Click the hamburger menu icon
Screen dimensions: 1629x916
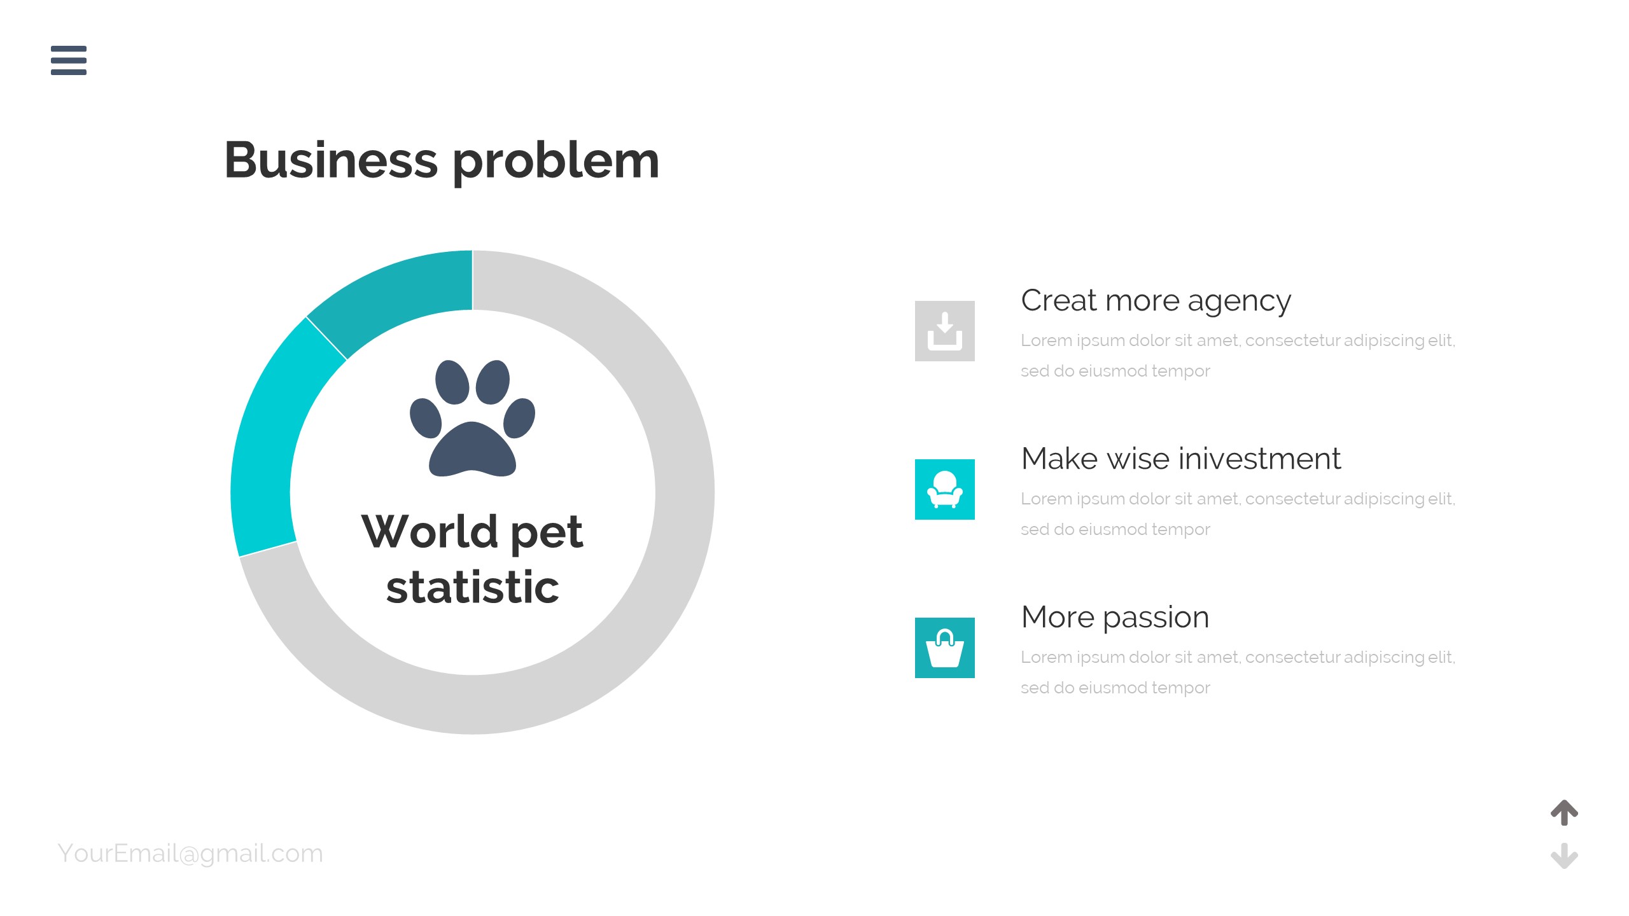tap(69, 60)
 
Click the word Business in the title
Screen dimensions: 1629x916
tap(332, 160)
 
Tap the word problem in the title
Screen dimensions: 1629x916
tap(556, 162)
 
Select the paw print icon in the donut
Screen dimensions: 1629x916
tap(472, 418)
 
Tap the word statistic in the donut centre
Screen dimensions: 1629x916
tap(473, 587)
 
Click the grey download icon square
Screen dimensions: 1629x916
tap(945, 331)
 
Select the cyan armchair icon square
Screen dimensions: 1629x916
tap(945, 489)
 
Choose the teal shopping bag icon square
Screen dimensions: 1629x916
tap(945, 648)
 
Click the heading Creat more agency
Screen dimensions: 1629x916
tap(1156, 301)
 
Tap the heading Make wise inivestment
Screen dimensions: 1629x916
tap(1181, 459)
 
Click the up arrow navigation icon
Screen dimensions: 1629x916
tap(1564, 812)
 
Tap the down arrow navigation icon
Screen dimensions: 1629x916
tap(1564, 856)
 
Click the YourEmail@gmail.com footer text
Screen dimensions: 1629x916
tap(190, 854)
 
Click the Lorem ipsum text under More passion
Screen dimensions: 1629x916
tap(1238, 672)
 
